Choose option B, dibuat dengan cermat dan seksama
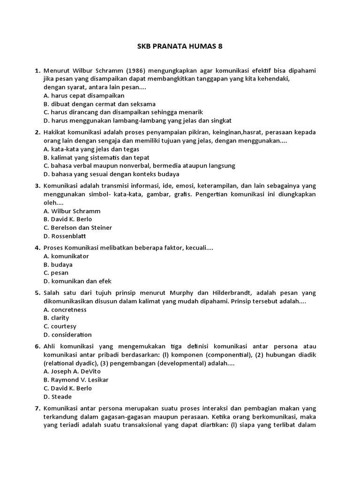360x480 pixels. point(99,104)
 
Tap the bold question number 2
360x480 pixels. point(37,132)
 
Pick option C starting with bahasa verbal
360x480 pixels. point(139,165)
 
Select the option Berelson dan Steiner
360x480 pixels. point(77,227)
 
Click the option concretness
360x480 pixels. point(65,309)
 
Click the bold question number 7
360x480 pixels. point(37,408)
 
